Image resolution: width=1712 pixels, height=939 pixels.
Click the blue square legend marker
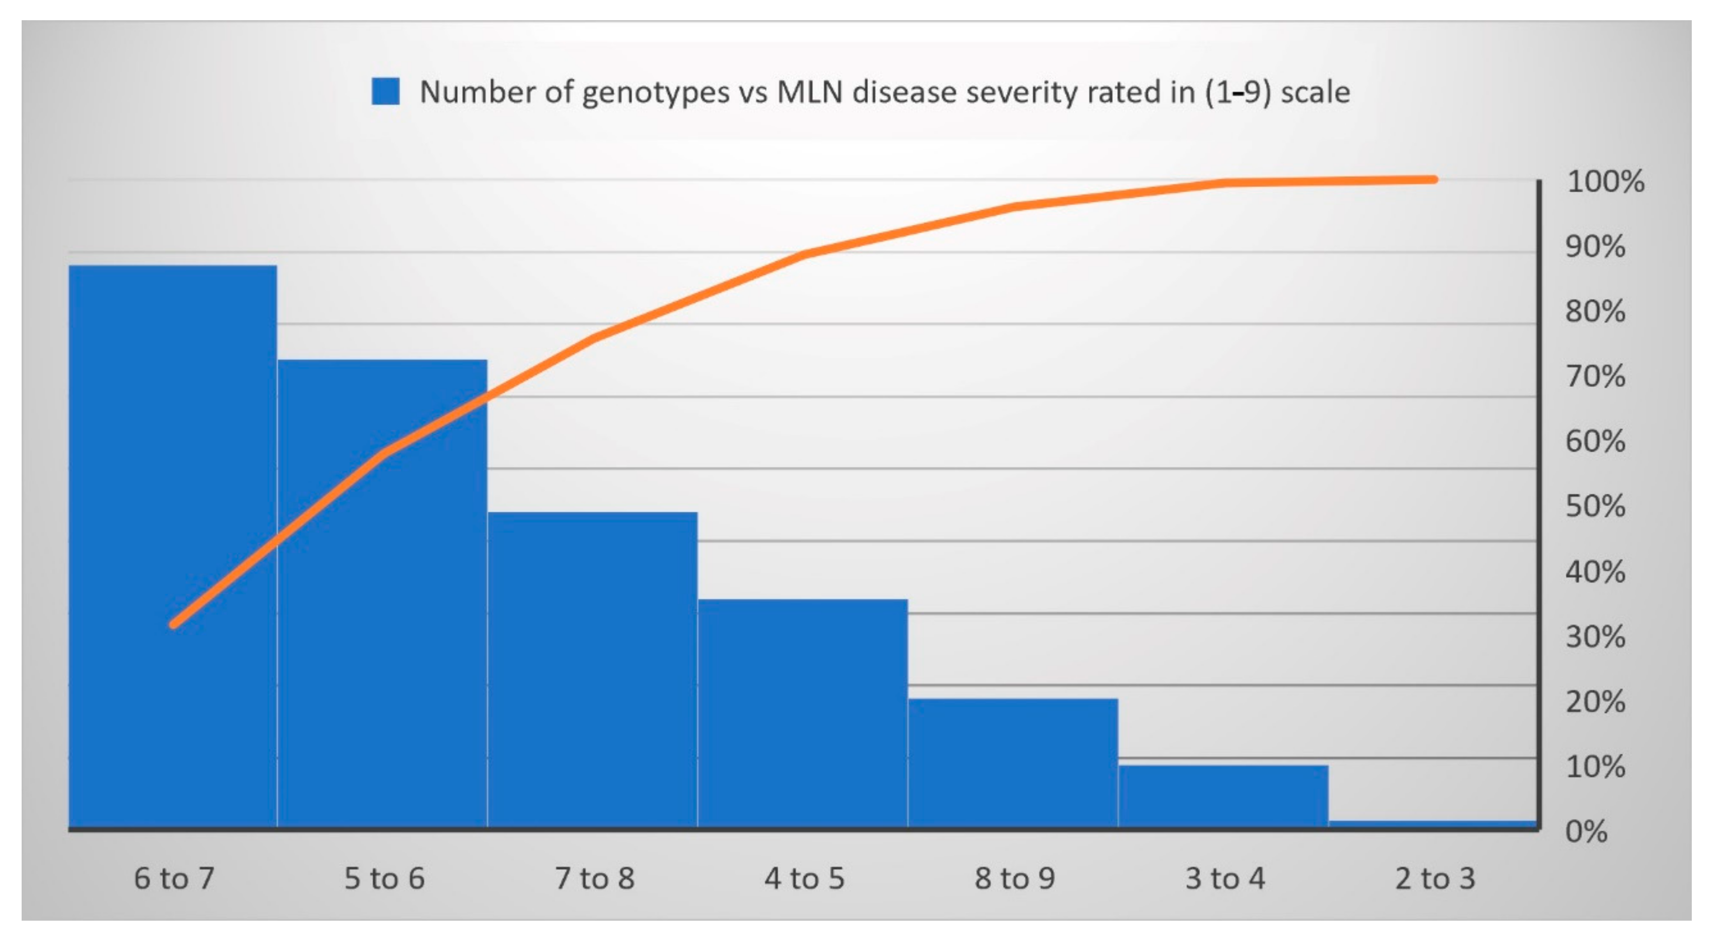click(386, 92)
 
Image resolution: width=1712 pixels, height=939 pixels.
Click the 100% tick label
click(1605, 181)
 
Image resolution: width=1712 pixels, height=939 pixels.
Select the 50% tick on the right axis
click(1594, 506)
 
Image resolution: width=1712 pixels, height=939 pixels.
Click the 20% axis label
click(1594, 702)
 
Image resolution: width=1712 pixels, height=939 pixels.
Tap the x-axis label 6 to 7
click(174, 878)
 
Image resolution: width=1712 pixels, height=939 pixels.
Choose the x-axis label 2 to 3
click(1434, 878)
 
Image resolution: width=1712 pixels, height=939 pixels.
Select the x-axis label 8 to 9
click(1014, 878)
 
